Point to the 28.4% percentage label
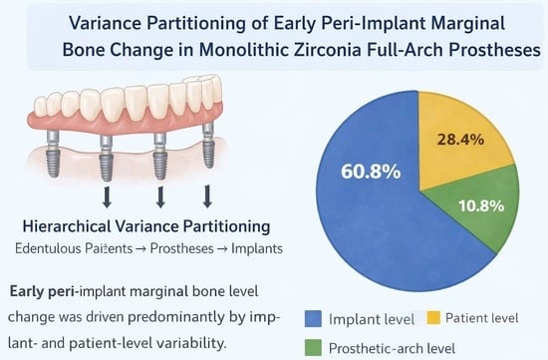(x=460, y=140)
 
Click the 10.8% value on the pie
(x=481, y=206)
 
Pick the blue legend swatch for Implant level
(x=313, y=319)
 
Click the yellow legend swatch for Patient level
(x=433, y=318)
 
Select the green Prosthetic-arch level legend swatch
(x=313, y=348)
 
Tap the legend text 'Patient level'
(x=482, y=318)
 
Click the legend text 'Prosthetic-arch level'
(x=393, y=348)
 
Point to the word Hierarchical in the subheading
(x=66, y=226)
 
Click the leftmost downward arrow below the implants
(x=107, y=197)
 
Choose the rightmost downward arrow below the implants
(x=207, y=196)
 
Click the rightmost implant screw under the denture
(x=208, y=146)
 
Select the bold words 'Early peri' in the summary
(x=42, y=291)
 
